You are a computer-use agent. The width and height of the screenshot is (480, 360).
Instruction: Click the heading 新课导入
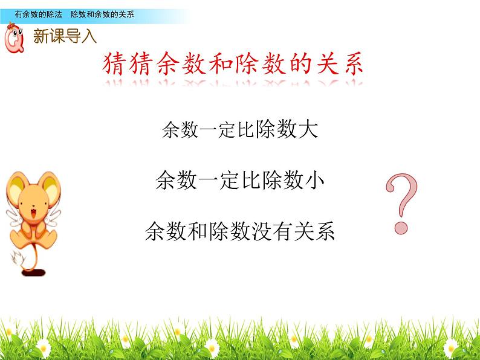click(x=65, y=36)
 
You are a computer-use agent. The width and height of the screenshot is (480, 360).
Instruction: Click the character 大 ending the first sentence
click(x=308, y=130)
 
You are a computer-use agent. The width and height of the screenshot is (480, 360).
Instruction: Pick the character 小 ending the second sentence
click(x=315, y=181)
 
